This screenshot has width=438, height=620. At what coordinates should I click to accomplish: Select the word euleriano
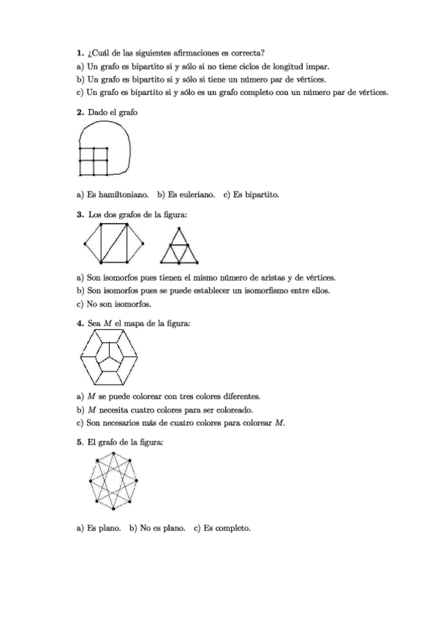pyautogui.click(x=194, y=195)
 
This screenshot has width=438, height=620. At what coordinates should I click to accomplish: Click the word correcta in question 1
pyautogui.click(x=248, y=53)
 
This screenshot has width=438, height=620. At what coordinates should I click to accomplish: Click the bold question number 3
pyautogui.click(x=79, y=214)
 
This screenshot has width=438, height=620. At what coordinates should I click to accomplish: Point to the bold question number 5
pyautogui.click(x=79, y=442)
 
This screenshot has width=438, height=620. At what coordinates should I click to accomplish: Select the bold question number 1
pyautogui.click(x=79, y=53)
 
